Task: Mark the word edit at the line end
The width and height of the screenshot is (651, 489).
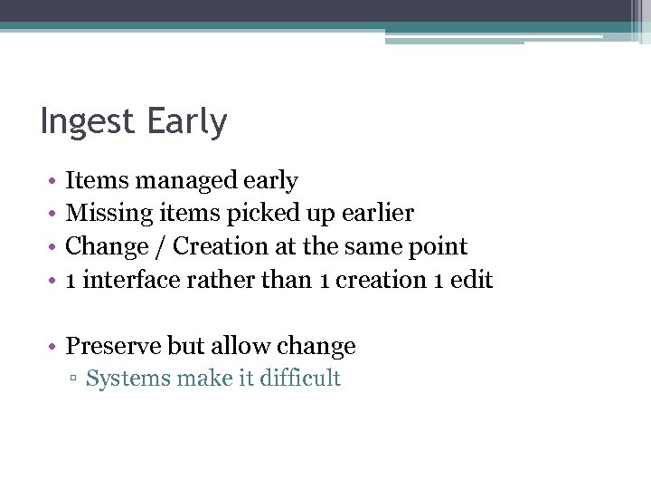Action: [x=472, y=280]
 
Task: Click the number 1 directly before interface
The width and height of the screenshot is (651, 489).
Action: [x=71, y=280]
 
